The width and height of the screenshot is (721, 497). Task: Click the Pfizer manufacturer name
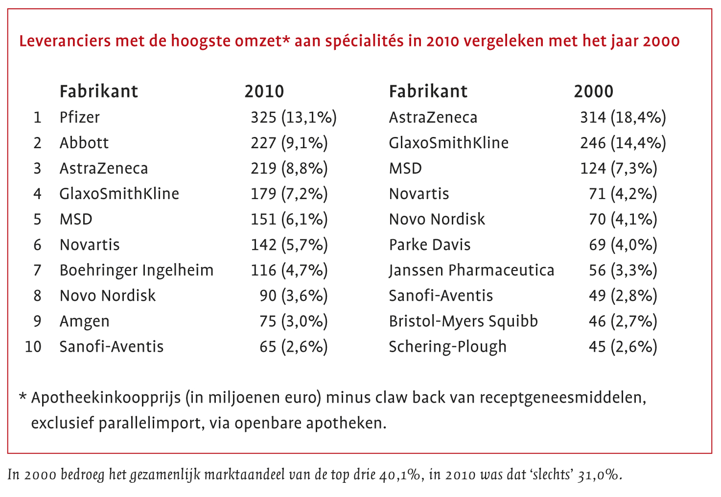point(79,117)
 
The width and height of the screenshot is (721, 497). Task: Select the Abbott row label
point(84,143)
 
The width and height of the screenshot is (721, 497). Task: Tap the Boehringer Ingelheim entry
point(136,270)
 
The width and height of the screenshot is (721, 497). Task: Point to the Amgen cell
point(84,321)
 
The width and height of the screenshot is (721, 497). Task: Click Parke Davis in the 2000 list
point(429,245)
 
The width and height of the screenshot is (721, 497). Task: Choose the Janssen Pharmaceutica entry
point(471,270)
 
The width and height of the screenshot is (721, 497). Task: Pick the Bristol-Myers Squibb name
point(463,321)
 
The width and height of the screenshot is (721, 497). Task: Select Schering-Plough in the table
point(447,346)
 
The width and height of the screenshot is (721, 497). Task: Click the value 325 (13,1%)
point(293,117)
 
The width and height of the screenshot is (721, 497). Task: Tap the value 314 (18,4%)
point(623,117)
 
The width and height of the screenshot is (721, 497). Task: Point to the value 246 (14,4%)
point(623,143)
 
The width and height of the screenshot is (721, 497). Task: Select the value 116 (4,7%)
point(289,270)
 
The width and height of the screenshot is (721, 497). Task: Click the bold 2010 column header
point(264,91)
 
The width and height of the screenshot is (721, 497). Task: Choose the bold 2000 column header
point(593,91)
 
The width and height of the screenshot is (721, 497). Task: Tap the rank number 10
point(33,346)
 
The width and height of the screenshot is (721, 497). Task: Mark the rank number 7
point(37,270)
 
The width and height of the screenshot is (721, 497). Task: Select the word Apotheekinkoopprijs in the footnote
point(105,397)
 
